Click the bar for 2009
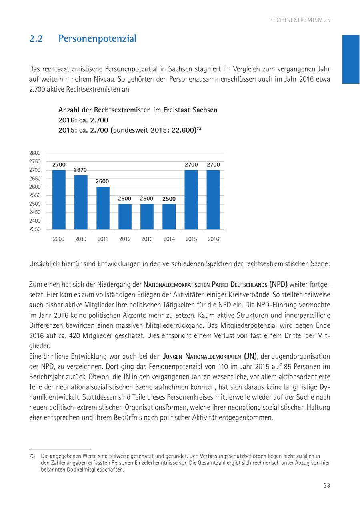[59, 200]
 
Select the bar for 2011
[103, 208]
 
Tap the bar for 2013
[147, 217]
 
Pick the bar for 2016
[213, 200]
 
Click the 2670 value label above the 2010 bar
[80, 170]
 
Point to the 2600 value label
[102, 181]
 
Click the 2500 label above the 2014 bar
[169, 199]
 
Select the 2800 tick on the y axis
[35, 153]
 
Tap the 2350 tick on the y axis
[35, 229]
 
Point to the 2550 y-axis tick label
[35, 195]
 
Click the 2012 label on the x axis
[125, 239]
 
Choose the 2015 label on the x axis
[191, 239]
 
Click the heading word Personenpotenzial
[97, 39]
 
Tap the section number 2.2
[36, 39]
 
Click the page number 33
[326, 486]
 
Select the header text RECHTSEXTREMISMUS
[300, 20]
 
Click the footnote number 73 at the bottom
[32, 456]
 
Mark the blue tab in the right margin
[351, 59]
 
